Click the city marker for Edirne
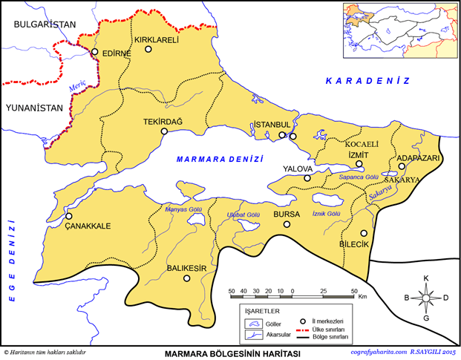[x=95, y=52]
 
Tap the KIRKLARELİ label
[x=157, y=39]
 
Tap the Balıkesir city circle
[x=187, y=279]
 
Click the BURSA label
[x=287, y=214]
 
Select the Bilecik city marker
[x=364, y=232]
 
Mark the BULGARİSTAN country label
[x=39, y=24]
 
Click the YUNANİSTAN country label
[x=33, y=108]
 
